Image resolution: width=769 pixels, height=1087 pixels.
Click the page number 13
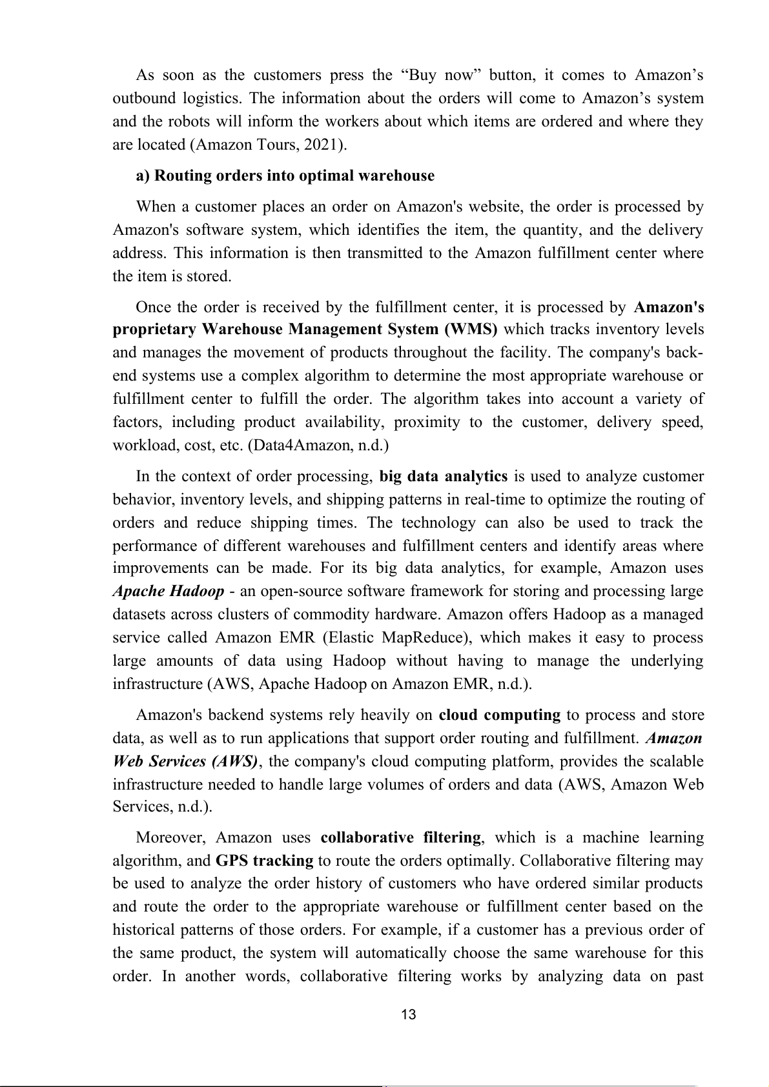click(x=408, y=1015)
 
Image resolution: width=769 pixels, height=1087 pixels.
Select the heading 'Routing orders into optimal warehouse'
click(x=285, y=175)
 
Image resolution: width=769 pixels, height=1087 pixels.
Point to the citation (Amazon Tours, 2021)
click(x=268, y=145)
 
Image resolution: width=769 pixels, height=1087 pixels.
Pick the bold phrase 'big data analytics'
click(x=443, y=476)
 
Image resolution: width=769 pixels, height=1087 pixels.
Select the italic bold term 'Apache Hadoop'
click(x=169, y=591)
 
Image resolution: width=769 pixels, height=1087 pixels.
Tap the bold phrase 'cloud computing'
click(x=499, y=715)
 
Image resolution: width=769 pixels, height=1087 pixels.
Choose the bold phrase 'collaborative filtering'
click(x=400, y=837)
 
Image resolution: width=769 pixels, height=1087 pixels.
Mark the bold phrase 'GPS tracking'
click(x=264, y=861)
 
